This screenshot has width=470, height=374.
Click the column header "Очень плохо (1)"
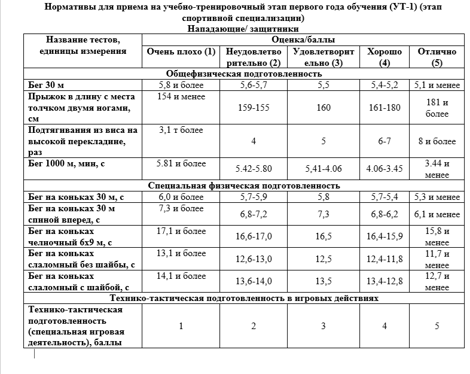181,51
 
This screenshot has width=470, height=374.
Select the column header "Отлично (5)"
437,57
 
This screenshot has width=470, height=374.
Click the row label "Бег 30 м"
46,84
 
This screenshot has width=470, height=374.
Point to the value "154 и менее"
181,96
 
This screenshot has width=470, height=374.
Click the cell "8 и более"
437,141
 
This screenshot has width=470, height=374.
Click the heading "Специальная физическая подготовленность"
244,185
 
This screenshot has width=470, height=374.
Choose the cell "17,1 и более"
181,230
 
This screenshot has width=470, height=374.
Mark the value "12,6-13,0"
254,259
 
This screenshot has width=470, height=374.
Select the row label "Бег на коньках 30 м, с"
76,196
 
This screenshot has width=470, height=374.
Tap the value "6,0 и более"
181,196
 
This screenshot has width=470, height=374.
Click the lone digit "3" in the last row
323,326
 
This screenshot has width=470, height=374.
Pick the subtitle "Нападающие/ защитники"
243,28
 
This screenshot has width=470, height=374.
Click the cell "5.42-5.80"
254,169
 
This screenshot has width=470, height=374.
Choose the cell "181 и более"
437,108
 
